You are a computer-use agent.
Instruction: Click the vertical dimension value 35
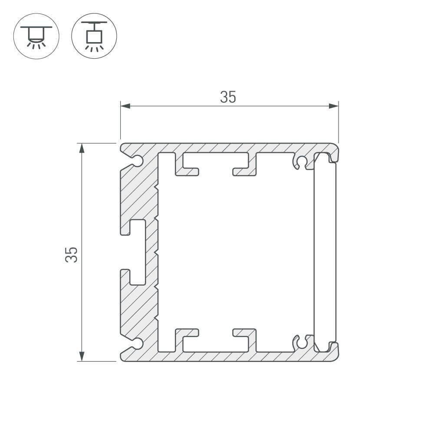coord(71,254)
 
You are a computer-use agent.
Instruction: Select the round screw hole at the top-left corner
coord(138,161)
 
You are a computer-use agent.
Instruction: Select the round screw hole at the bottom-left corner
coord(138,344)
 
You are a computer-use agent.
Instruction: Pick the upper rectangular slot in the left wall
coord(137,227)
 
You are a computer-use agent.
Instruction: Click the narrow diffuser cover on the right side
coord(325,252)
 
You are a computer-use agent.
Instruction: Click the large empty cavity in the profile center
coord(234,252)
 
